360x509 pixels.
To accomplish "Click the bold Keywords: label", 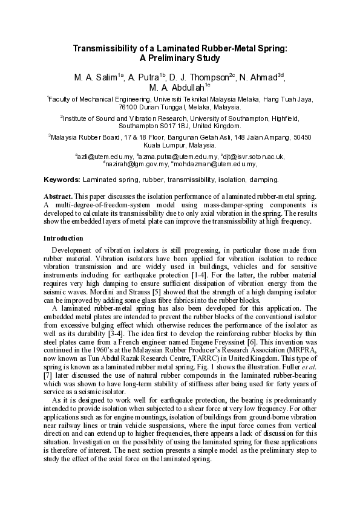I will (x=62, y=180).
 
